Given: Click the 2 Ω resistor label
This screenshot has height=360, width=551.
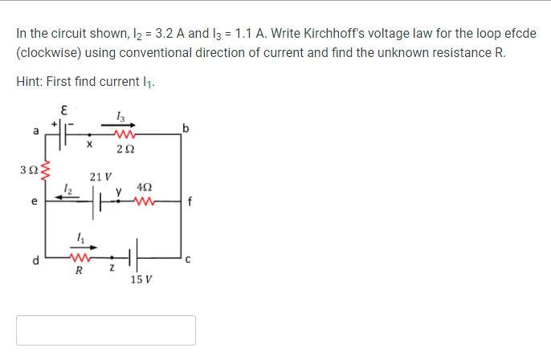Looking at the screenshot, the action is pos(124,149).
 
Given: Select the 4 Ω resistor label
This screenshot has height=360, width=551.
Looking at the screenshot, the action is pos(145,186).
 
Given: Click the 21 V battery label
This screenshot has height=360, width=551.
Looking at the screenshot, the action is pos(100,176).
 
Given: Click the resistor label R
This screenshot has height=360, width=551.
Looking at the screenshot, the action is pos(78,271).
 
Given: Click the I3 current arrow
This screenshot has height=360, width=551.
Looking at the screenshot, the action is pos(120,125).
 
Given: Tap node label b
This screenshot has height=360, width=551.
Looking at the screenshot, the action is pos(186,129).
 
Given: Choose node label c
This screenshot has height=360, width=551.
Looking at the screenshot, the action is pos(187,258).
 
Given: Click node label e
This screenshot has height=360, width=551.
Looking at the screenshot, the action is pos(34,202).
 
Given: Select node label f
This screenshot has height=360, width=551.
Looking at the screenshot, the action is pos(188,202).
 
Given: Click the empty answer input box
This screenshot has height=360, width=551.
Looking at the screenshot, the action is pos(105,330).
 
